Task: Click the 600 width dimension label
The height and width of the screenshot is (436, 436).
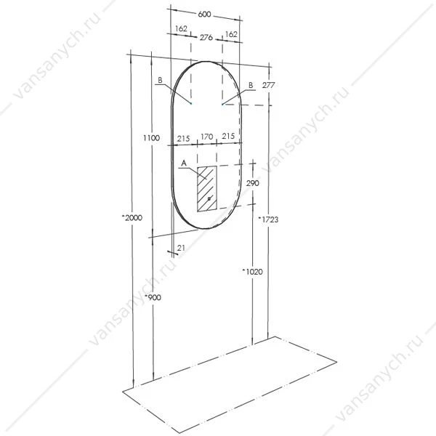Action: [204, 14]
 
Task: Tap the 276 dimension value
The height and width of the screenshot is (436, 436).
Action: [206, 37]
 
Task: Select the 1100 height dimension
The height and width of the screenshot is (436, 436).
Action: [152, 138]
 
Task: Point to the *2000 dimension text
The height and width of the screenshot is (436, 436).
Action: [132, 218]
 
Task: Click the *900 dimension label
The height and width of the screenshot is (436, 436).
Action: [153, 297]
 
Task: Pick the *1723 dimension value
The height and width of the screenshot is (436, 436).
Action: [268, 219]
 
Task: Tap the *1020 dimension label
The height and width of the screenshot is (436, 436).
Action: [252, 271]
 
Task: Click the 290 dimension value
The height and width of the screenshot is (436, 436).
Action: [252, 183]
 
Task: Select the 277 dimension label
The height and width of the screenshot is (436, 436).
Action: [268, 85]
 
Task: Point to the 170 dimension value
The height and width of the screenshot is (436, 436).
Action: [207, 137]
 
